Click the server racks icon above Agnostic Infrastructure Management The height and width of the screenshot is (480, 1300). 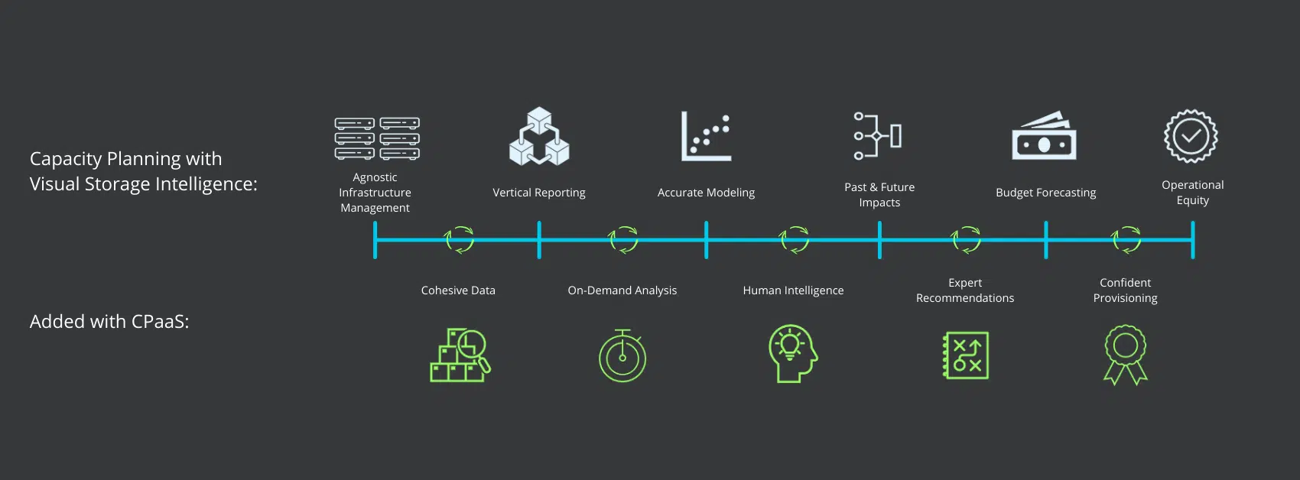377,138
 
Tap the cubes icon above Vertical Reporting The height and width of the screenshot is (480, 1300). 539,136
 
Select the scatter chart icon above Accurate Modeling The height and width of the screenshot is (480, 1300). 706,136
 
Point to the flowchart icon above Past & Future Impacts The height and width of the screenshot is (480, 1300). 878,136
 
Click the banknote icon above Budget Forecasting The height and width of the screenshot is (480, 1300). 1044,135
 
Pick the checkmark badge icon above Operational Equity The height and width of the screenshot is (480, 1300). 1191,136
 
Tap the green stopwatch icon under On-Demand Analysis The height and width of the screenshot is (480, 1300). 622,355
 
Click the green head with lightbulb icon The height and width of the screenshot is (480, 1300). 793,353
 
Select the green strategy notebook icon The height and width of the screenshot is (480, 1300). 966,355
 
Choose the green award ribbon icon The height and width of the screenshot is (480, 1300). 1126,355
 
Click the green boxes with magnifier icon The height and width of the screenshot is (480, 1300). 460,355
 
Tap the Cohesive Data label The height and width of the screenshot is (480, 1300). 458,290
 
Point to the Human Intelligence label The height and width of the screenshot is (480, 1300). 793,290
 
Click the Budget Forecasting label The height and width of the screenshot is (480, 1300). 1046,193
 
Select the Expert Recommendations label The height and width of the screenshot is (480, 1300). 964,290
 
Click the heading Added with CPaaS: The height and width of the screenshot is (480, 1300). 109,321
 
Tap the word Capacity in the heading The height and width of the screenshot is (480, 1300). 67,159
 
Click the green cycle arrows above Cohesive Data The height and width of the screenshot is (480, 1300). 459,240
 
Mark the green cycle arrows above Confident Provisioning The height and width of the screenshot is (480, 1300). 1126,240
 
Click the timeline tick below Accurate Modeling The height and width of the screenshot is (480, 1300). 706,240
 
